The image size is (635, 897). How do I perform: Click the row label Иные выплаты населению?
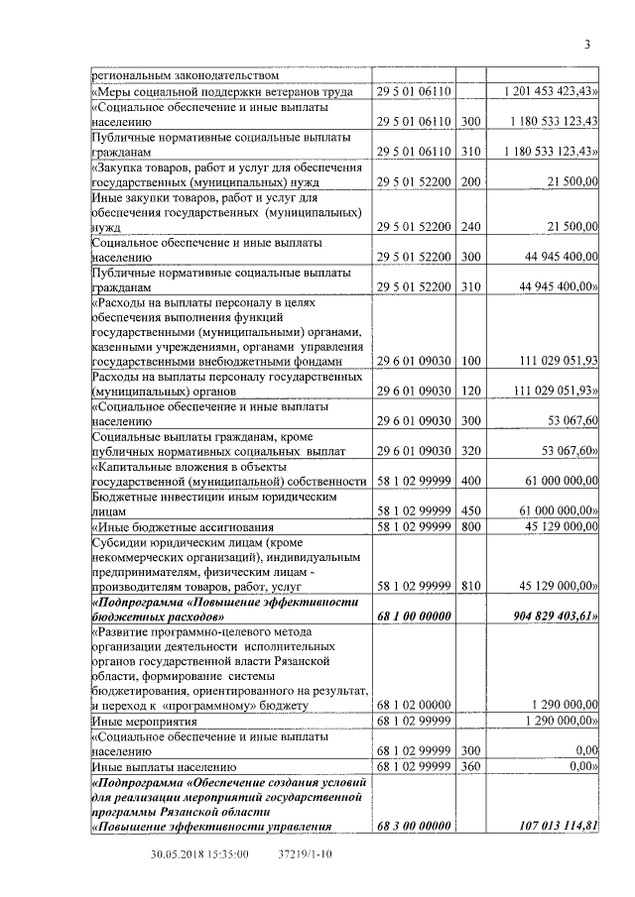(x=163, y=766)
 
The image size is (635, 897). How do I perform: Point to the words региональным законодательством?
(x=185, y=74)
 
